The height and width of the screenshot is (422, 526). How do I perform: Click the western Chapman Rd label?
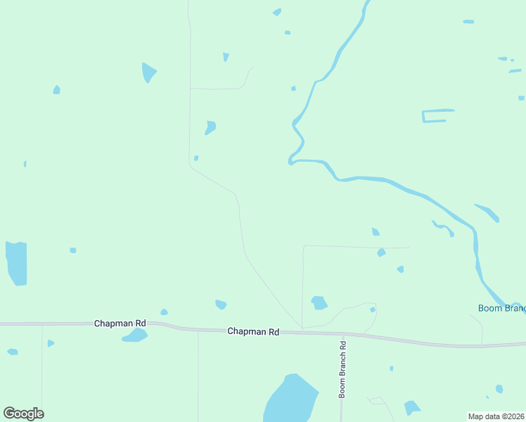(120, 323)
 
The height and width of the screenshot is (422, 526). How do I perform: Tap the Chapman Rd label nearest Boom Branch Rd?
(253, 331)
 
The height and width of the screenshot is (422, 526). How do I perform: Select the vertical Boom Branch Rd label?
(343, 370)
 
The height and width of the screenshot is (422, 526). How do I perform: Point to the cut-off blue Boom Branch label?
(501, 308)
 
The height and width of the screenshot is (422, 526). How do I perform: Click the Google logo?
(23, 414)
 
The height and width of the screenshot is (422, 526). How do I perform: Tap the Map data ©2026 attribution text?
(496, 416)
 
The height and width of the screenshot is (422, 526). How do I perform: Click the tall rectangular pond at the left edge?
(16, 263)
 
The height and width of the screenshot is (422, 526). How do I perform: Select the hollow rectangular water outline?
(437, 116)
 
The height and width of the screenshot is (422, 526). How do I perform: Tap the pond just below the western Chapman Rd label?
(134, 335)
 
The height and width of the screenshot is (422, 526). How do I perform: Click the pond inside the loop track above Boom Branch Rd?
(319, 302)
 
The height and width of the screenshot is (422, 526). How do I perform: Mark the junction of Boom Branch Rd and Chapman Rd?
(343, 334)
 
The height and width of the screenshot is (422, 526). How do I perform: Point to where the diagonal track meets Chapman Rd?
(302, 329)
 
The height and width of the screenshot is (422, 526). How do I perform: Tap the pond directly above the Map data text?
(499, 389)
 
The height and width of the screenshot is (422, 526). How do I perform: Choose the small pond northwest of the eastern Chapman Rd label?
(221, 305)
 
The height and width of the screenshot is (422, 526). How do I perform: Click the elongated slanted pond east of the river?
(488, 212)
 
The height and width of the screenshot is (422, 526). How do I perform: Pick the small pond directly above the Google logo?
(13, 352)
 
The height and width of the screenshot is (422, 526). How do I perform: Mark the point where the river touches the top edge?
(367, 2)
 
